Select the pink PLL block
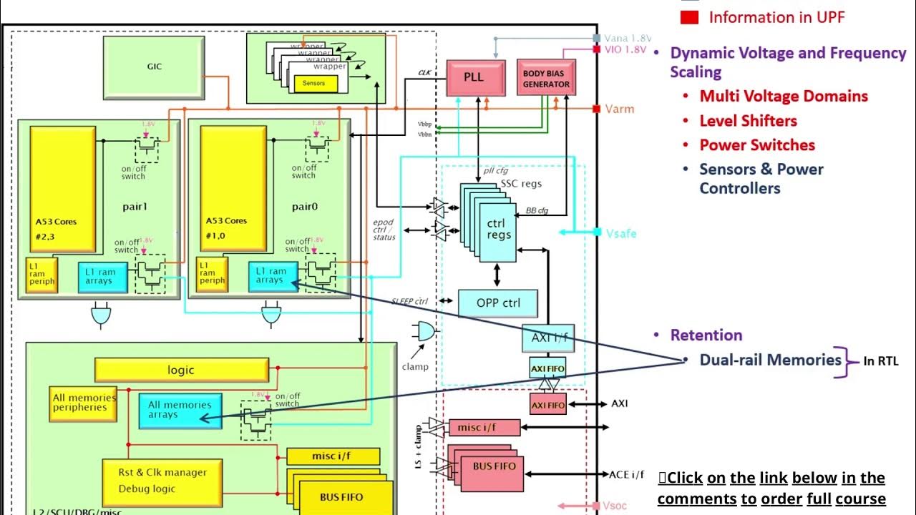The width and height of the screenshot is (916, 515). (x=473, y=78)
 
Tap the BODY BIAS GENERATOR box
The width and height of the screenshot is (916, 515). (x=546, y=78)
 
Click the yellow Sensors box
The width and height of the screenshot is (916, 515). (x=313, y=83)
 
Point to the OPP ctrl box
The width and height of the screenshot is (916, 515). (x=498, y=303)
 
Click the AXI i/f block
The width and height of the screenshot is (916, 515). (x=547, y=337)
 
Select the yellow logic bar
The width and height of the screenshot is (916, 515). (x=181, y=370)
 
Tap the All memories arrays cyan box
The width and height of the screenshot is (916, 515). (x=180, y=410)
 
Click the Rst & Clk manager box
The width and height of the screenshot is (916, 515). (x=162, y=480)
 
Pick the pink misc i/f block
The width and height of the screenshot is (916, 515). (x=484, y=428)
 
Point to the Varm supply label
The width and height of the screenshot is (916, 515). (x=619, y=109)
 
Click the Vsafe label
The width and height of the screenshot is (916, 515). (x=620, y=233)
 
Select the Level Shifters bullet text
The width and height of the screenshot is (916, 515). (x=748, y=120)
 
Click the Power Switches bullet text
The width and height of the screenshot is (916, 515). (x=757, y=144)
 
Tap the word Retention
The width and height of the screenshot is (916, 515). (x=706, y=335)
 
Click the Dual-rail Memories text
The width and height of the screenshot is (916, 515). (x=770, y=360)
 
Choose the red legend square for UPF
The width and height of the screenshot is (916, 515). (x=689, y=17)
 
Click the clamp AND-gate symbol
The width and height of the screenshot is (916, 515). (x=424, y=331)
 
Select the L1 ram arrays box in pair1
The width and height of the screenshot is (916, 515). (x=102, y=276)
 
